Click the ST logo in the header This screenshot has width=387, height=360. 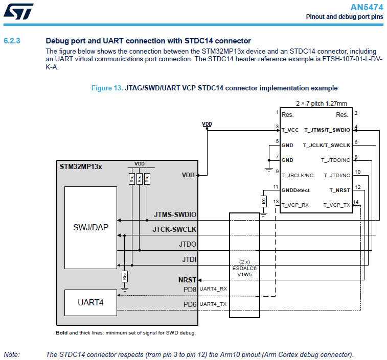[x=18, y=12]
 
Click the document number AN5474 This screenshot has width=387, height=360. [x=367, y=7]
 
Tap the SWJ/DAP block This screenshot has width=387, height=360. [x=90, y=227]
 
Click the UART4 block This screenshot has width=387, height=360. [x=90, y=302]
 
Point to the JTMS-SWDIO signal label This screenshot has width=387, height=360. [x=175, y=214]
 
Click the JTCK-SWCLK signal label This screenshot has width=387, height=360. [x=174, y=229]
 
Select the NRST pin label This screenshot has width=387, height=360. [x=187, y=280]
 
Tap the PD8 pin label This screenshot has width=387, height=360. [x=190, y=290]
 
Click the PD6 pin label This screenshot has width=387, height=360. [x=190, y=304]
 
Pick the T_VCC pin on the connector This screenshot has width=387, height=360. [x=290, y=130]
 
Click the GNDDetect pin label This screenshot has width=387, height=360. [x=295, y=190]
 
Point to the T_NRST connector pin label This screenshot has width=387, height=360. [x=339, y=190]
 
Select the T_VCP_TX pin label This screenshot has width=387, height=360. [x=336, y=205]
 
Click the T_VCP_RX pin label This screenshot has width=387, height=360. [x=295, y=205]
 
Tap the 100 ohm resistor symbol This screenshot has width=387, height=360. [x=263, y=201]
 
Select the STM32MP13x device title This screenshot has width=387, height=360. [x=81, y=166]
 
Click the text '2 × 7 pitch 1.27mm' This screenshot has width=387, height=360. [x=321, y=103]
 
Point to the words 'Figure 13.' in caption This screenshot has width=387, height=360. [x=106, y=88]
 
